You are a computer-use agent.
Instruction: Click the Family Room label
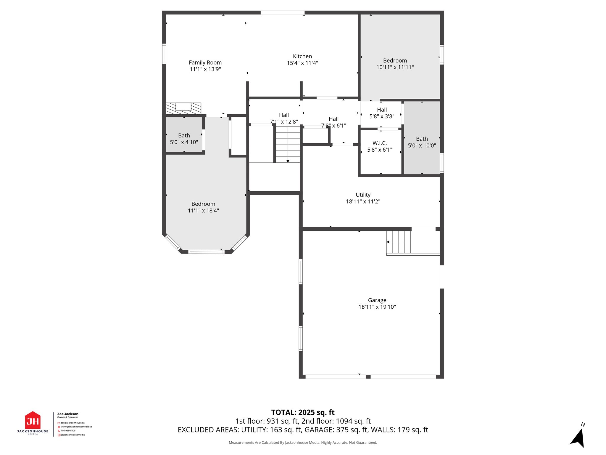click(x=205, y=63)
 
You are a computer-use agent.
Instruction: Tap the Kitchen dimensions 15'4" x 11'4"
click(x=302, y=63)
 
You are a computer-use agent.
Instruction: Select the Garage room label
click(x=377, y=300)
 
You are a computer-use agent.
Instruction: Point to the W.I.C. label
click(x=380, y=143)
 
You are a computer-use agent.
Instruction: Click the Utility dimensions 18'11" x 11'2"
click(x=363, y=201)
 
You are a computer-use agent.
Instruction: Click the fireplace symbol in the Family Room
click(x=183, y=108)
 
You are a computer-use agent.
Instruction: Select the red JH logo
click(x=33, y=421)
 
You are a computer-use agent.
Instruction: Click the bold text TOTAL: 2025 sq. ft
click(x=303, y=412)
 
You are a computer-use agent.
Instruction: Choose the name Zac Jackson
click(x=68, y=414)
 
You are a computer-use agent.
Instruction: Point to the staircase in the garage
click(x=399, y=242)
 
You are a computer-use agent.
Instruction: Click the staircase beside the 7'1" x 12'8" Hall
click(x=288, y=144)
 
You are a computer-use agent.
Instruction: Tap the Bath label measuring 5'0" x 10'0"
click(x=422, y=139)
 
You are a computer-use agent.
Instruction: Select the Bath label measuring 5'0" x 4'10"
click(x=184, y=135)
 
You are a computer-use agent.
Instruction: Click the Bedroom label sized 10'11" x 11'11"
click(x=395, y=60)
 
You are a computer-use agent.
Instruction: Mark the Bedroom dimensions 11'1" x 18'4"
click(x=203, y=211)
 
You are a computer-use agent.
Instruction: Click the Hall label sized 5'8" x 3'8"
click(x=382, y=110)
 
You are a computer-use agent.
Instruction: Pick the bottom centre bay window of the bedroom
click(x=206, y=252)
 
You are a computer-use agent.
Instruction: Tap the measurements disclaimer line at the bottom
click(x=303, y=443)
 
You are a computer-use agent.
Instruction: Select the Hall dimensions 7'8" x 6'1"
click(x=333, y=126)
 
